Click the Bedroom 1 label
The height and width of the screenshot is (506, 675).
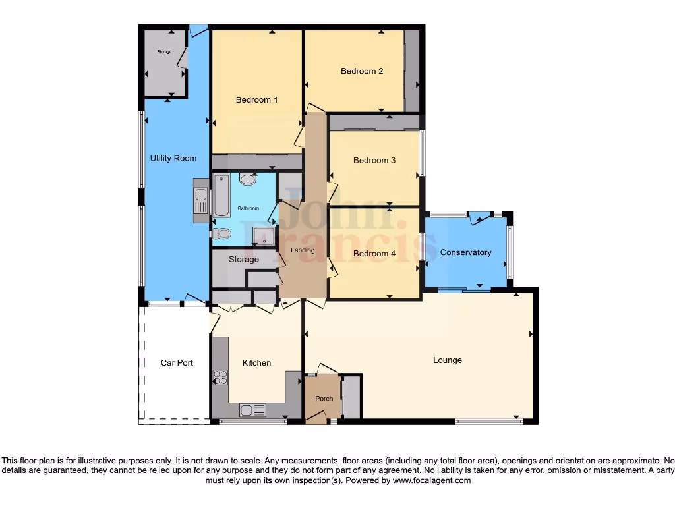(x=256, y=100)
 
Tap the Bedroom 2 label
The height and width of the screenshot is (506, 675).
(x=362, y=71)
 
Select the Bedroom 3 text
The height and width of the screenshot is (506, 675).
(x=374, y=160)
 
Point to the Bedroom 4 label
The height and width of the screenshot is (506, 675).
(x=374, y=254)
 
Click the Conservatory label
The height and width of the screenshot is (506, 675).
(x=465, y=252)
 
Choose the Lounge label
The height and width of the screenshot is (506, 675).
(x=447, y=360)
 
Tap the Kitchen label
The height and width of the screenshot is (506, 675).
(x=256, y=363)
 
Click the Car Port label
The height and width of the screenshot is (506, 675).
(x=177, y=363)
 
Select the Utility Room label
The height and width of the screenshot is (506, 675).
(x=173, y=159)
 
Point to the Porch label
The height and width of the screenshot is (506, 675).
(x=324, y=399)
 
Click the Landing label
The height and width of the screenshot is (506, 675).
(x=303, y=250)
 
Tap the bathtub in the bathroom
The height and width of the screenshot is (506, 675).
(x=221, y=195)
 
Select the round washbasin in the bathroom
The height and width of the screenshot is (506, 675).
(x=248, y=179)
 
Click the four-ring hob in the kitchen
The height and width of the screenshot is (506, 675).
(x=220, y=378)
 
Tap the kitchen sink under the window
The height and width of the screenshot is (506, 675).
(x=253, y=410)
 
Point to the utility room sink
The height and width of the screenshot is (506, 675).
(x=200, y=200)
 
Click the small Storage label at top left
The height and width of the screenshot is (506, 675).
(x=164, y=52)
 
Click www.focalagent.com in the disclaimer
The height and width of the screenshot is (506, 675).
(x=432, y=481)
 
